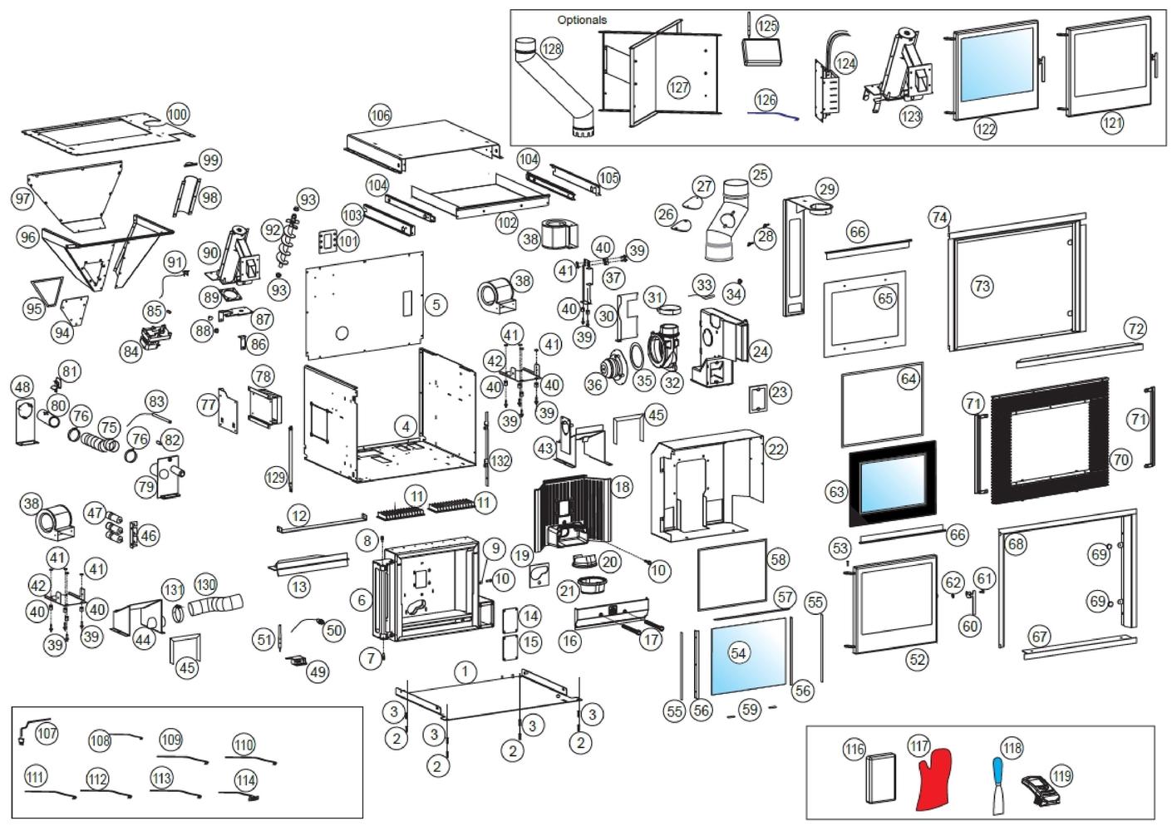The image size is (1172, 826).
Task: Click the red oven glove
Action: (x=934, y=780)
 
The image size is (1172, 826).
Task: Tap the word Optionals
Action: (x=582, y=20)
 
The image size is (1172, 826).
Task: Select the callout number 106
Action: (x=381, y=115)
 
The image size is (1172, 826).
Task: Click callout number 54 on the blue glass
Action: (x=738, y=653)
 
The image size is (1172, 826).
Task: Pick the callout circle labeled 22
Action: (x=776, y=449)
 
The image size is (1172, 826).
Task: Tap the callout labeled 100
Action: (x=178, y=115)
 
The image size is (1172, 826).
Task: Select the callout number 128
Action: (x=551, y=49)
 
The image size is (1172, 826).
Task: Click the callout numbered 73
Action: (x=982, y=286)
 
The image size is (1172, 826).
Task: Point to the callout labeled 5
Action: (x=436, y=304)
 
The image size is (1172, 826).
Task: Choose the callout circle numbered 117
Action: (x=919, y=746)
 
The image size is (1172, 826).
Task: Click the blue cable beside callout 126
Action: (x=773, y=115)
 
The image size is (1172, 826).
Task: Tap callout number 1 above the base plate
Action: (x=465, y=671)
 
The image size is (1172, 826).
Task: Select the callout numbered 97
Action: (x=22, y=199)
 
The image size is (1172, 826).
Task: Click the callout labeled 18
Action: (x=622, y=487)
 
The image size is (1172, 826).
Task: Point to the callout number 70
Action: (x=1120, y=460)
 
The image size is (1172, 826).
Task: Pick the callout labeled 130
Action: (x=205, y=584)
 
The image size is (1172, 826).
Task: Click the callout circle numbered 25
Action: (x=761, y=175)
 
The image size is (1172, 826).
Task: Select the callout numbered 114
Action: (x=246, y=781)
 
